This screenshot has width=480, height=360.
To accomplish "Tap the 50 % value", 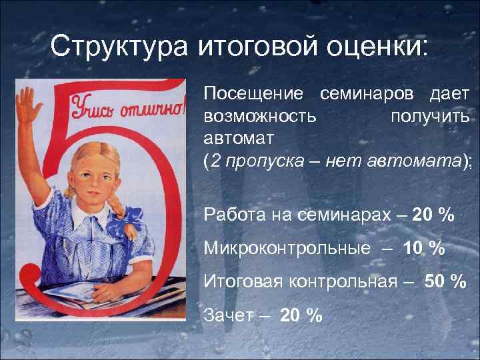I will (445, 281).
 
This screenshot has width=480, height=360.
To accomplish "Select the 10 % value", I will (423, 248).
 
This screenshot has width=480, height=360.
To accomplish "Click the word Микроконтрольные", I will (287, 248).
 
